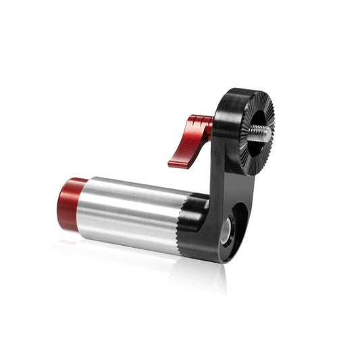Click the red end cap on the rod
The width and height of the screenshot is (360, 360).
[70, 203]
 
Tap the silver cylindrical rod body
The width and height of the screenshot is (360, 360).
[128, 213]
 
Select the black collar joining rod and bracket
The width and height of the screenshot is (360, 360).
[196, 220]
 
